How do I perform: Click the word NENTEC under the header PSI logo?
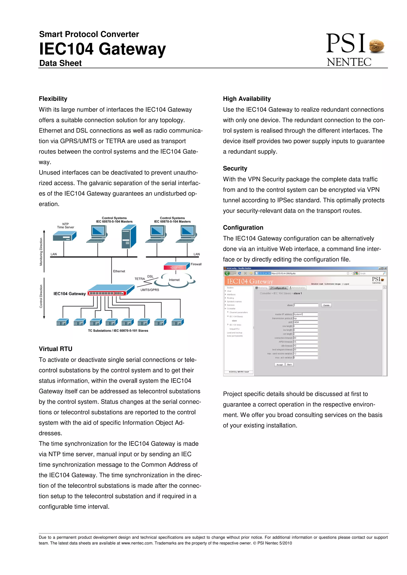coord(349,62)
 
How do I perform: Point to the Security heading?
coord(235,168)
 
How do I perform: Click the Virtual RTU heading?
coord(55,349)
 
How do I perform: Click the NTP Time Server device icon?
coord(64,236)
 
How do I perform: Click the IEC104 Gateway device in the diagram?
coord(110,290)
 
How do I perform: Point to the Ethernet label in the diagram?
coord(119,271)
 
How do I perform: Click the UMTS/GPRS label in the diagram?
coord(150,290)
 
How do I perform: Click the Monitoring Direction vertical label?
coord(41,252)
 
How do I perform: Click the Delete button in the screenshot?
coord(326,305)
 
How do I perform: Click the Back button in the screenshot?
coord(289,365)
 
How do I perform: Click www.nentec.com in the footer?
coord(137,543)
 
